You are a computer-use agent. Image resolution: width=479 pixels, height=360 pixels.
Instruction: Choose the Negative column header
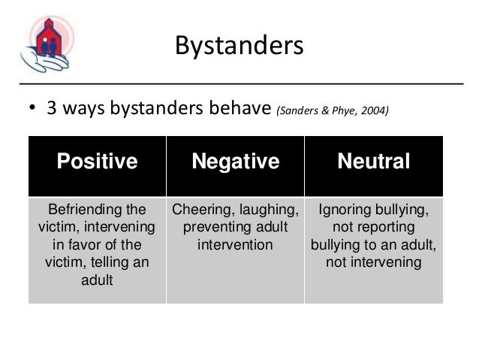[236, 162]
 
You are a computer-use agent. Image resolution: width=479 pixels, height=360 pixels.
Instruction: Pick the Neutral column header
[373, 162]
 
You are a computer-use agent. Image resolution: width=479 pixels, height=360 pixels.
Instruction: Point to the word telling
[115, 262]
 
